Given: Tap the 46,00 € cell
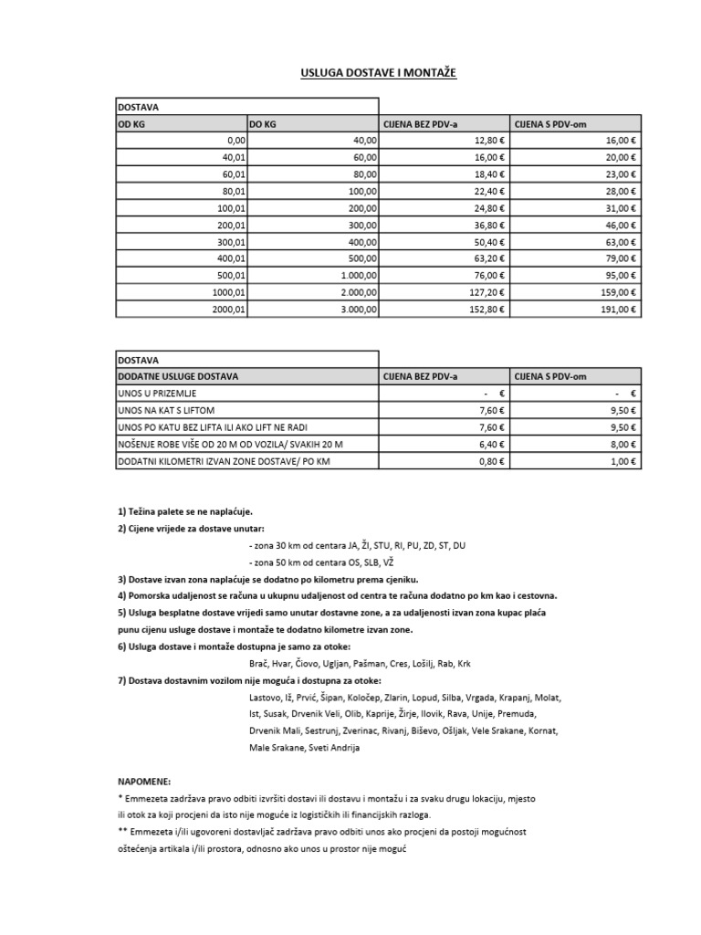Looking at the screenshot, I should [x=620, y=226].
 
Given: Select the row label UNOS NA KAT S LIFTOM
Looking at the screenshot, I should [x=166, y=411].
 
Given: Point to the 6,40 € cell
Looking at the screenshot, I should [x=491, y=445].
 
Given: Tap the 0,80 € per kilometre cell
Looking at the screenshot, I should [x=491, y=462].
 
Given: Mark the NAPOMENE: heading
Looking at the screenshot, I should [x=144, y=782].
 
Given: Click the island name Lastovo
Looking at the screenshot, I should [x=265, y=698].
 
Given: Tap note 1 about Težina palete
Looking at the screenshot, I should [x=184, y=511].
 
